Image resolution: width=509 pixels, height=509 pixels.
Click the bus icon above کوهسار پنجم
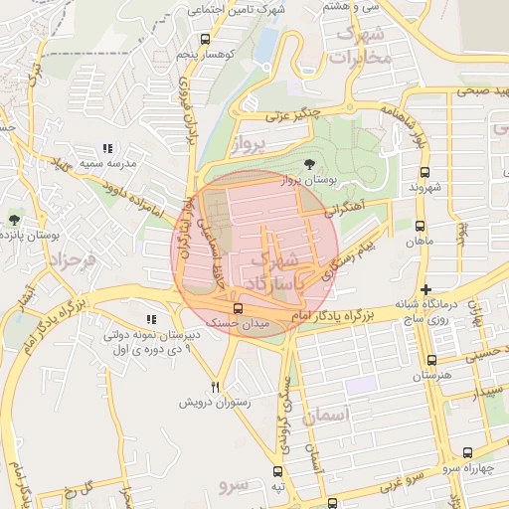point(205,40)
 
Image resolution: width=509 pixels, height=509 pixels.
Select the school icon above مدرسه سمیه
point(106,148)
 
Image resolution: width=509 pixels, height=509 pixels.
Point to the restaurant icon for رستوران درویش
point(215,386)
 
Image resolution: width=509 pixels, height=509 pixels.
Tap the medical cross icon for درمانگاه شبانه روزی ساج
point(425,288)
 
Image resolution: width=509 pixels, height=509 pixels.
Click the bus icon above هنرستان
point(430,360)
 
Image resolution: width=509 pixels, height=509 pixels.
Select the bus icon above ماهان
point(420,226)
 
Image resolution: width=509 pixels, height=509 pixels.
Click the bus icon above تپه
point(277,472)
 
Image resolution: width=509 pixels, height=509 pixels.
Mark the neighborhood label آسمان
point(331,418)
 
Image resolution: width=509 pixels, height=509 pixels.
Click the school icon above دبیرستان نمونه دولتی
point(151,319)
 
